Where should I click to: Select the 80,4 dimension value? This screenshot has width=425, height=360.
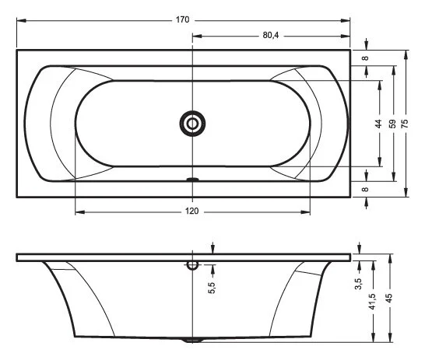click(272, 37)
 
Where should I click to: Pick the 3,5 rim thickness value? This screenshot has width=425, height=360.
click(359, 284)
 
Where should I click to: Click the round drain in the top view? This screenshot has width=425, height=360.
click(191, 122)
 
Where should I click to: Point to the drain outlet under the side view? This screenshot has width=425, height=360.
click(192, 340)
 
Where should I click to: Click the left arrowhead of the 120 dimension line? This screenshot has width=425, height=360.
click(78, 211)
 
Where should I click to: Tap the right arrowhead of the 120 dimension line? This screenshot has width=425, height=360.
click(306, 211)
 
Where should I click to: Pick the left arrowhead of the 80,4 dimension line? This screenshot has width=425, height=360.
click(195, 37)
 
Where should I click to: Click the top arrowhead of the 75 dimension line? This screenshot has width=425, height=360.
click(406, 54)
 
